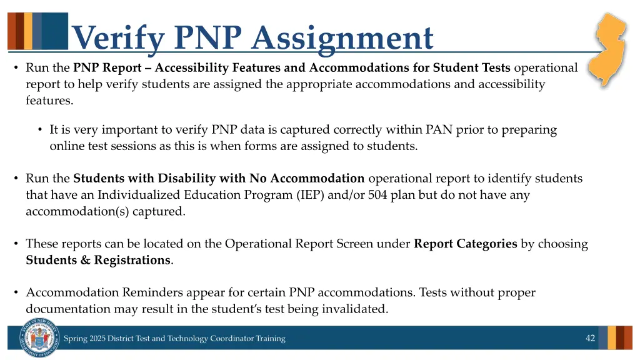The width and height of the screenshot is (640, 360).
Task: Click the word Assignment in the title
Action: (x=342, y=39)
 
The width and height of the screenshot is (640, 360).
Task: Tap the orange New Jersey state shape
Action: (x=609, y=50)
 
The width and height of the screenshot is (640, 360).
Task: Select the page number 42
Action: (x=590, y=338)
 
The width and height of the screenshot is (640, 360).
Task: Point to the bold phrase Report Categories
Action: (x=465, y=244)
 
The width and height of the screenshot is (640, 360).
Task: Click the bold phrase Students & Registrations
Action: (x=98, y=260)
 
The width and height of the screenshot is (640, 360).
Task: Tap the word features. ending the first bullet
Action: (x=49, y=100)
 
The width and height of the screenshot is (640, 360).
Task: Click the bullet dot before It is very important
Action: (x=39, y=130)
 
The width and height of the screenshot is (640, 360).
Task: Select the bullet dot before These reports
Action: (x=16, y=244)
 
